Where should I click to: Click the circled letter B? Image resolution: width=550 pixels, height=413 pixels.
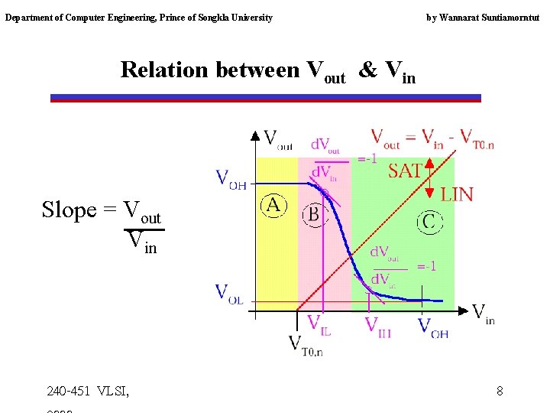tap(312, 213)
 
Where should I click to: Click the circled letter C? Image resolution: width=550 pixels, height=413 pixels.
tap(429, 222)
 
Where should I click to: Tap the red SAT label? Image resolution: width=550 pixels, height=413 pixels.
tap(405, 171)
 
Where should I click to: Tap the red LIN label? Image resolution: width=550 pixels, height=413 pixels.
tap(457, 194)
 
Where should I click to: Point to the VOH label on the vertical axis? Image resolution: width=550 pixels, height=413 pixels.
tap(231, 179)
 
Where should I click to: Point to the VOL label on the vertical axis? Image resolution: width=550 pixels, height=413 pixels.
tap(229, 294)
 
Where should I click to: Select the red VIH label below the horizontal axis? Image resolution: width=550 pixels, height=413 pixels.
tap(378, 327)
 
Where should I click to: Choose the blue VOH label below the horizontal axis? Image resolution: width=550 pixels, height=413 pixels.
tap(433, 327)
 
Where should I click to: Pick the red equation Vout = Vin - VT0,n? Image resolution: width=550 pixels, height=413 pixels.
tap(432, 138)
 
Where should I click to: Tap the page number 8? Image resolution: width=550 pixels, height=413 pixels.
tap(500, 392)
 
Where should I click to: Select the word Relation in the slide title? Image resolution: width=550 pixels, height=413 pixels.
tap(164, 70)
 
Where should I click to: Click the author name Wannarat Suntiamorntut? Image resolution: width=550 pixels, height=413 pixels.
tap(492, 17)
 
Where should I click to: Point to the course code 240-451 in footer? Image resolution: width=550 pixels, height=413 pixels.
tap(68, 392)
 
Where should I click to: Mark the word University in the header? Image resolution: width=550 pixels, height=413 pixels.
tap(249, 17)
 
